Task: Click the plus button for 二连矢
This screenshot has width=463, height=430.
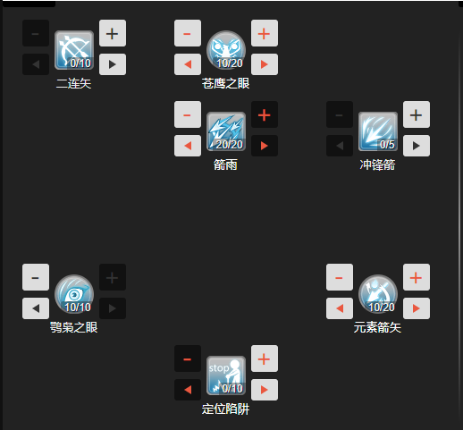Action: tap(113, 33)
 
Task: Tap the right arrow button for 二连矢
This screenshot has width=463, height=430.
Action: tap(113, 64)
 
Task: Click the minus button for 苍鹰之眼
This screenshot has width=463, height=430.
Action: tap(188, 33)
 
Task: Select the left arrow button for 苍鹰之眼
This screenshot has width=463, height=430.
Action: tap(188, 64)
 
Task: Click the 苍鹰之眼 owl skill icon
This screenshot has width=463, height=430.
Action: tap(226, 50)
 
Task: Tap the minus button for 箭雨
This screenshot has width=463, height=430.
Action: tap(188, 114)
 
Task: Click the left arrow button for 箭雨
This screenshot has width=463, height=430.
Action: tap(188, 146)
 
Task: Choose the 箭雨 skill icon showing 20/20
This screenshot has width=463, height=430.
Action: tap(226, 131)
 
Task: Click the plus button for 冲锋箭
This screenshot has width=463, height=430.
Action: tap(417, 114)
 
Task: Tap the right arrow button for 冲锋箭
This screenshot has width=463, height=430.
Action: tap(417, 146)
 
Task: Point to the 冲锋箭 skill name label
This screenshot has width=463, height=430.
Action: tap(377, 164)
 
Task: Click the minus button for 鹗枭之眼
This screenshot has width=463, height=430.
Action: tap(36, 277)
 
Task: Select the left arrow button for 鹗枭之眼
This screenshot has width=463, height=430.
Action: tap(36, 308)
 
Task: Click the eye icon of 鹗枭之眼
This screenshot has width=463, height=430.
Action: tap(74, 294)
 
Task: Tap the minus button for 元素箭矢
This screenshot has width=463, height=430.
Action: tap(340, 277)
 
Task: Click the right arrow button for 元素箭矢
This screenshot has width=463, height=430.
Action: tap(417, 308)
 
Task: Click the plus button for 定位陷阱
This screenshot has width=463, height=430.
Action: tap(265, 358)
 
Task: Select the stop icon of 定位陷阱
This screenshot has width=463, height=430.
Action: tap(226, 375)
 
